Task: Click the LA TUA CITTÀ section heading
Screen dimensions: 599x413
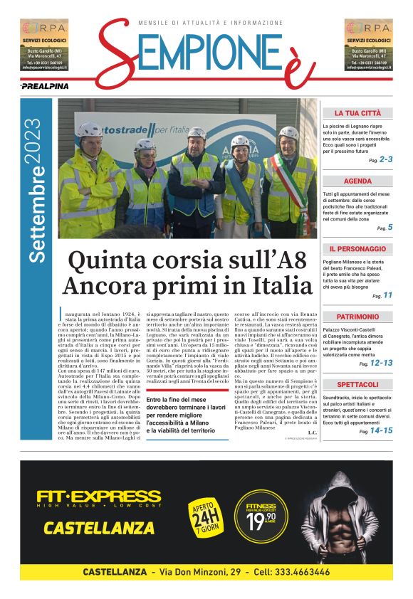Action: [x=357, y=113]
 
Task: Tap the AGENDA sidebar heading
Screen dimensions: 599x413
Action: [x=357, y=181]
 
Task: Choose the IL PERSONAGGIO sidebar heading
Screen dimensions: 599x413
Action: [x=357, y=249]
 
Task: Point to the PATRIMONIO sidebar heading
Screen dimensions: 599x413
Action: [x=357, y=317]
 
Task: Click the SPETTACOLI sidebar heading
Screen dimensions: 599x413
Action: [x=357, y=384]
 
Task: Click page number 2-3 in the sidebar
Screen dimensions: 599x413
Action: [x=385, y=160]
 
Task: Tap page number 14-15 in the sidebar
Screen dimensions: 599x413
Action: [x=381, y=430]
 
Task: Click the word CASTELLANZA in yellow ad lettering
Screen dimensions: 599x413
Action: [x=99, y=528]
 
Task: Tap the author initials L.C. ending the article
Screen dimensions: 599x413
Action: [x=311, y=433]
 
